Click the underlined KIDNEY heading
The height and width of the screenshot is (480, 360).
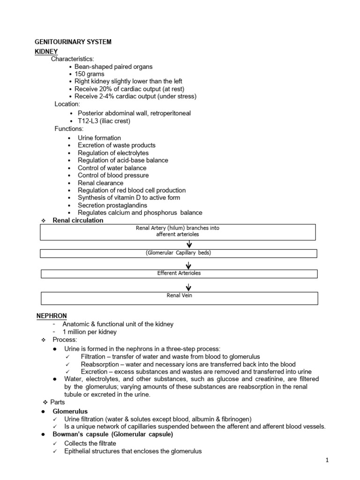pyautogui.click(x=46, y=51)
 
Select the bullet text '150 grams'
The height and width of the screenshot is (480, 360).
pyautogui.click(x=89, y=74)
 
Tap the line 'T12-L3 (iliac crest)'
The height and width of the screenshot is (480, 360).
pyautogui.click(x=104, y=121)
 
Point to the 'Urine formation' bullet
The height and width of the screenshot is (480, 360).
pyautogui.click(x=99, y=138)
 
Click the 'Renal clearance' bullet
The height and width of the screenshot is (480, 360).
pyautogui.click(x=100, y=183)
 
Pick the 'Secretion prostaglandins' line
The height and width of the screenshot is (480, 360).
pyautogui.click(x=112, y=205)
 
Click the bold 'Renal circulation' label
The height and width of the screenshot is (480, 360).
pyautogui.click(x=78, y=220)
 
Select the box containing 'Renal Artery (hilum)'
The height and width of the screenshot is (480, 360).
pyautogui.click(x=178, y=231)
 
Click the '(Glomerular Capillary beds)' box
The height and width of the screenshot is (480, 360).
pyautogui.click(x=178, y=253)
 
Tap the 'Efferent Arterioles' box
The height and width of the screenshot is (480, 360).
pyautogui.click(x=178, y=273)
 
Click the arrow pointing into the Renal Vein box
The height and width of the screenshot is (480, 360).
pyautogui.click(x=189, y=286)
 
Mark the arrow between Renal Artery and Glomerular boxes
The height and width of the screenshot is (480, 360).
pyautogui.click(x=189, y=244)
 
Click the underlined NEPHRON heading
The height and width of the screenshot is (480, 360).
pyautogui.click(x=52, y=316)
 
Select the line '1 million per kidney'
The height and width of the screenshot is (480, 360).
pyautogui.click(x=90, y=332)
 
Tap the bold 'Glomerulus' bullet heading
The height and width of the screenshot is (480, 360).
pyautogui.click(x=70, y=411)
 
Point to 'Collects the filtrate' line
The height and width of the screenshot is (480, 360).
pyautogui.click(x=90, y=443)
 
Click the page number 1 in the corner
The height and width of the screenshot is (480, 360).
pyautogui.click(x=328, y=460)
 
